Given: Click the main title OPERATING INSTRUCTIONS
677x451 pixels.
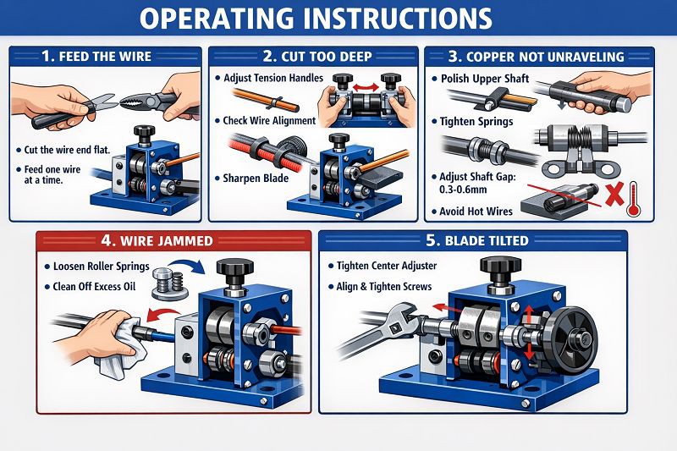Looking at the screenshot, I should click(338, 18).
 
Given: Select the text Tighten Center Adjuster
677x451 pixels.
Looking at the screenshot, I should click(386, 266).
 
